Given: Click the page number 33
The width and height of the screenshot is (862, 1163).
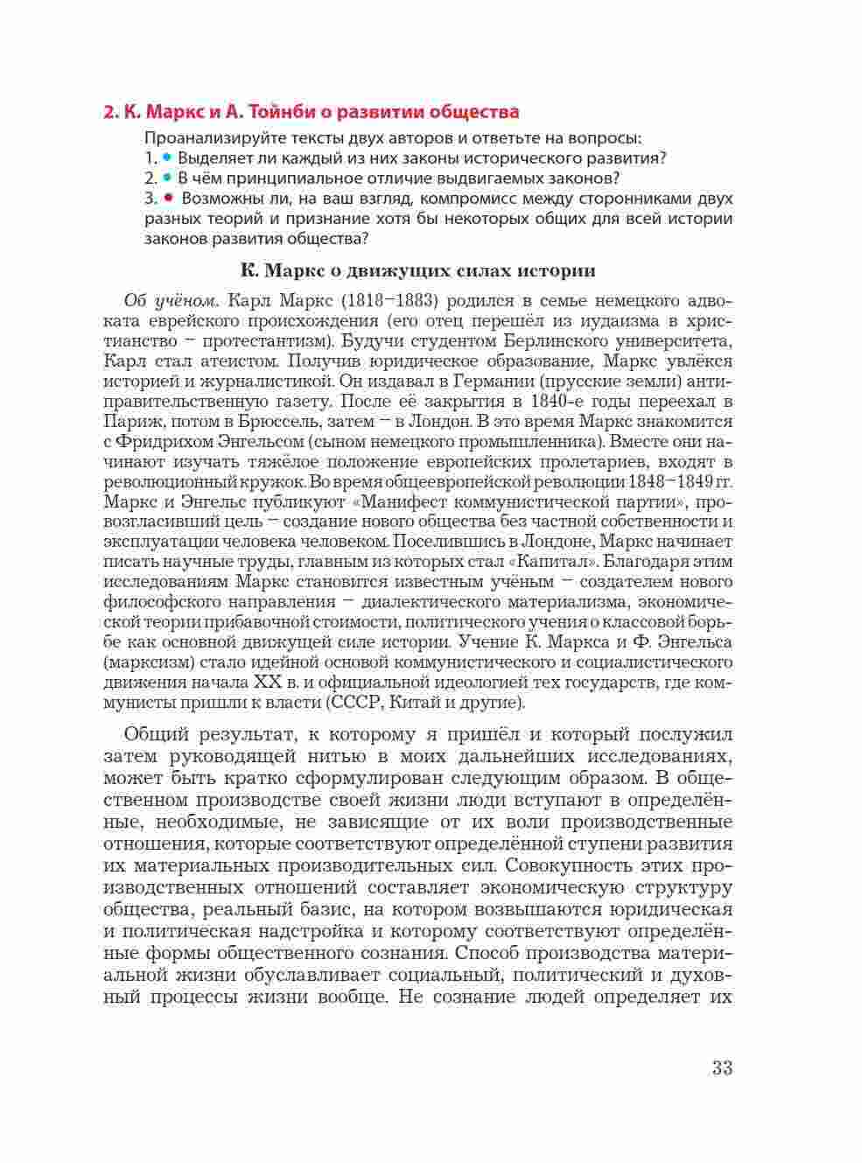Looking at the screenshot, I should tap(721, 1068).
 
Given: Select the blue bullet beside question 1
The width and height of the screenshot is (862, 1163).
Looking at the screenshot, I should tap(166, 158).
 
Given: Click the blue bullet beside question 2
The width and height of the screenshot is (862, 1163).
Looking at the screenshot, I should tap(166, 179).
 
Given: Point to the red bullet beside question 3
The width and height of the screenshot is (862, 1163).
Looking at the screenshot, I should tap(168, 199).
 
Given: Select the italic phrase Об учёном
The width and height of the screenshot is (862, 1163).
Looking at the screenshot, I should tap(163, 300).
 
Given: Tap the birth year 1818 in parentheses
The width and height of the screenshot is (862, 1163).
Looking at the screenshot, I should tap(356, 300).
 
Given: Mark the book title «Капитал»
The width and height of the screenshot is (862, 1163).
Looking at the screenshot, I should tap(551, 562).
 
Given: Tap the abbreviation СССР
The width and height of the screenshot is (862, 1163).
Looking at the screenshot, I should tap(357, 703).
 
